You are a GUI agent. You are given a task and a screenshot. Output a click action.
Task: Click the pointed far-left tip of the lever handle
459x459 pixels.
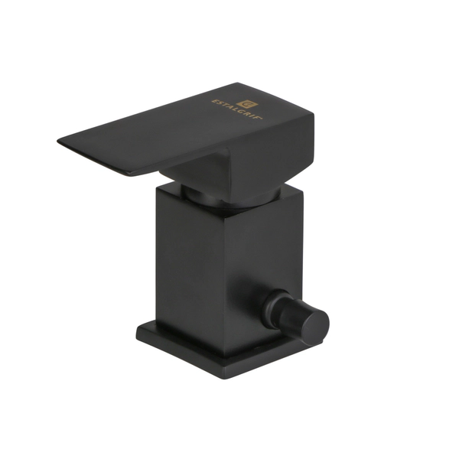[x=60, y=140]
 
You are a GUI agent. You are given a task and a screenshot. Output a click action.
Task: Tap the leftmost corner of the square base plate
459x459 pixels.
[x=138, y=330]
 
